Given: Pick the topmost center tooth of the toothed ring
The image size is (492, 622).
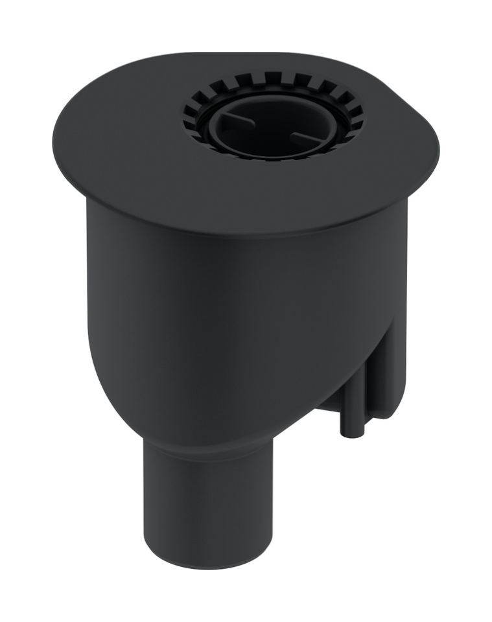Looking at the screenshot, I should pos(273,78).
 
